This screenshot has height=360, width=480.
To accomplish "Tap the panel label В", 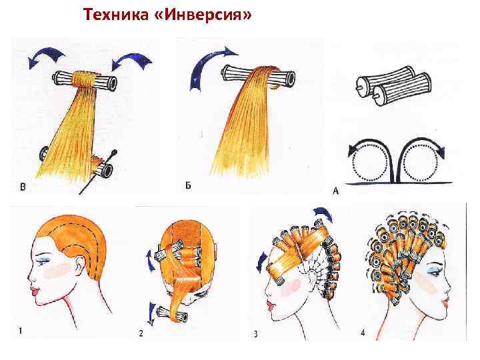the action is pos(23,187).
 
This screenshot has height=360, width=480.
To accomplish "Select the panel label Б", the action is pos(188,185).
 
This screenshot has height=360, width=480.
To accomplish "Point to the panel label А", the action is pos(335,191).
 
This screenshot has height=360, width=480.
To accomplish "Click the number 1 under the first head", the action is pos(20,331).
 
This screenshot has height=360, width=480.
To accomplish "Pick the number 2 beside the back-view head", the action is pos(141,333).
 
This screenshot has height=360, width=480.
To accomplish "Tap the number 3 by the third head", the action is pos(255,334).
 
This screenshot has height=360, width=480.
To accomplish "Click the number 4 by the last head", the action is pos(363,333).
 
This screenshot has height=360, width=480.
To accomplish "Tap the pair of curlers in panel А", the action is pos(394,86).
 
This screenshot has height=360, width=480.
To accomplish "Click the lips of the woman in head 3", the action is pos(271,305).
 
